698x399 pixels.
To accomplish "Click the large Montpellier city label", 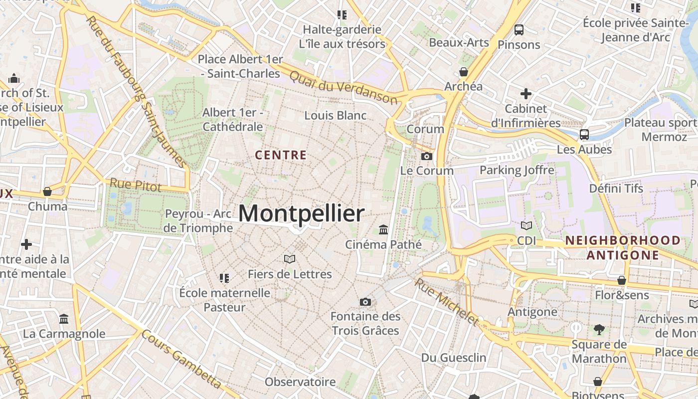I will pyautogui.click(x=301, y=213).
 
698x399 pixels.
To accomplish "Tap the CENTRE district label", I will pyautogui.click(x=281, y=155).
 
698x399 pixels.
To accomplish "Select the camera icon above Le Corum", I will pyautogui.click(x=426, y=157).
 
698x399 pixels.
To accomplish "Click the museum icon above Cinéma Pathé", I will pyautogui.click(x=383, y=229).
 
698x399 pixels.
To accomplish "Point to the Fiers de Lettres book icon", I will pyautogui.click(x=289, y=259).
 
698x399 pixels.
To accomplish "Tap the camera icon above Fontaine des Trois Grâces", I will pyautogui.click(x=365, y=302).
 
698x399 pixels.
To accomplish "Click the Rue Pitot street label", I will pyautogui.click(x=136, y=186).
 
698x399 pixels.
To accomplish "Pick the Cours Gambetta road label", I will pyautogui.click(x=181, y=359).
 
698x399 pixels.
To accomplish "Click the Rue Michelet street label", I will pyautogui.click(x=446, y=301).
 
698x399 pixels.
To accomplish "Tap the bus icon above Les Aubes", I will pyautogui.click(x=584, y=134).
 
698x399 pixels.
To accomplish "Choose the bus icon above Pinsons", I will pyautogui.click(x=519, y=30).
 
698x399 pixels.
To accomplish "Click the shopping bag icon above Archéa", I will pyautogui.click(x=464, y=72).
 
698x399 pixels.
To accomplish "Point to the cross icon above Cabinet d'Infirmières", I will pyautogui.click(x=525, y=93).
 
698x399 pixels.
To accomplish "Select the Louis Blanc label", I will pyautogui.click(x=335, y=115).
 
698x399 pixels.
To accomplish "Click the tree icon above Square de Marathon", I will pyautogui.click(x=599, y=329).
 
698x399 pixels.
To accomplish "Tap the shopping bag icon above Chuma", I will pyautogui.click(x=47, y=192).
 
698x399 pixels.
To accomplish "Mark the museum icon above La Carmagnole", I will pyautogui.click(x=64, y=319).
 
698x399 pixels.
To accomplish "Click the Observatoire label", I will pyautogui.click(x=300, y=382).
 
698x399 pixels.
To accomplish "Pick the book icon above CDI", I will pyautogui.click(x=526, y=225).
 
